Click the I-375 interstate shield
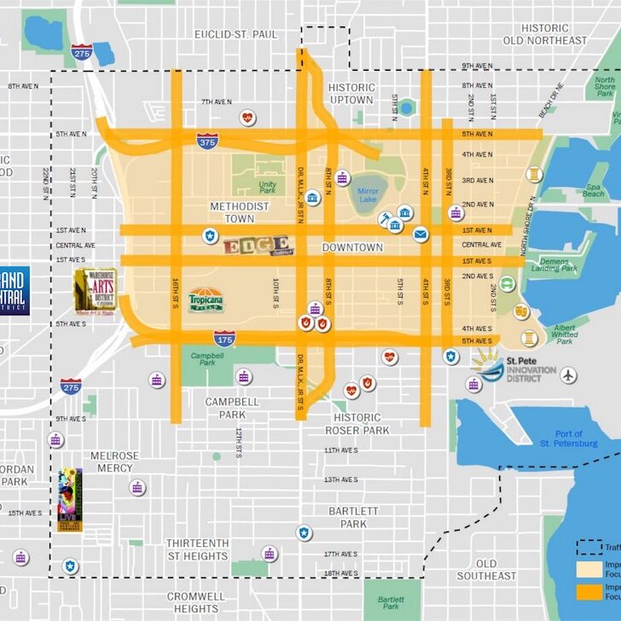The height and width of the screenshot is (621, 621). [x=206, y=140]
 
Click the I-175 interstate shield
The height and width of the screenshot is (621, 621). [x=224, y=338]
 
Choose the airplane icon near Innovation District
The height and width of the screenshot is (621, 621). [x=569, y=374]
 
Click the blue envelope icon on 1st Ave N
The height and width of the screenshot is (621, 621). [x=421, y=234]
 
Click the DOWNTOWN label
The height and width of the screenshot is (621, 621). [x=352, y=247]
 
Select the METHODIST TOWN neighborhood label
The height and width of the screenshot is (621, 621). [x=240, y=212]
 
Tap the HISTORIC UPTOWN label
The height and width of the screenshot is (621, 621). [x=351, y=94]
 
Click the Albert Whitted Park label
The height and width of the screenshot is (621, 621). [x=559, y=333]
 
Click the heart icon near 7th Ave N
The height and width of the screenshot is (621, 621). [x=247, y=117]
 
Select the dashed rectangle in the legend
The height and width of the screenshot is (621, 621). [x=588, y=547]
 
